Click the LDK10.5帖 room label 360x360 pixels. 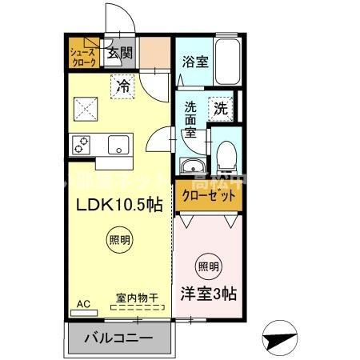point(120,204)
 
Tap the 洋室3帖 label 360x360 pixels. point(207,294)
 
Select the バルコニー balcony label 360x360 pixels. point(118,338)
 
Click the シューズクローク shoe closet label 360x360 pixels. point(83,54)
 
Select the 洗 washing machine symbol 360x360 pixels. point(220,106)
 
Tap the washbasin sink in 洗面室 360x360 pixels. point(193,166)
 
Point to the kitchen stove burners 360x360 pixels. point(82,145)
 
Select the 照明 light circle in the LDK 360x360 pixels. point(118,238)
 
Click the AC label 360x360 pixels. point(83,304)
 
